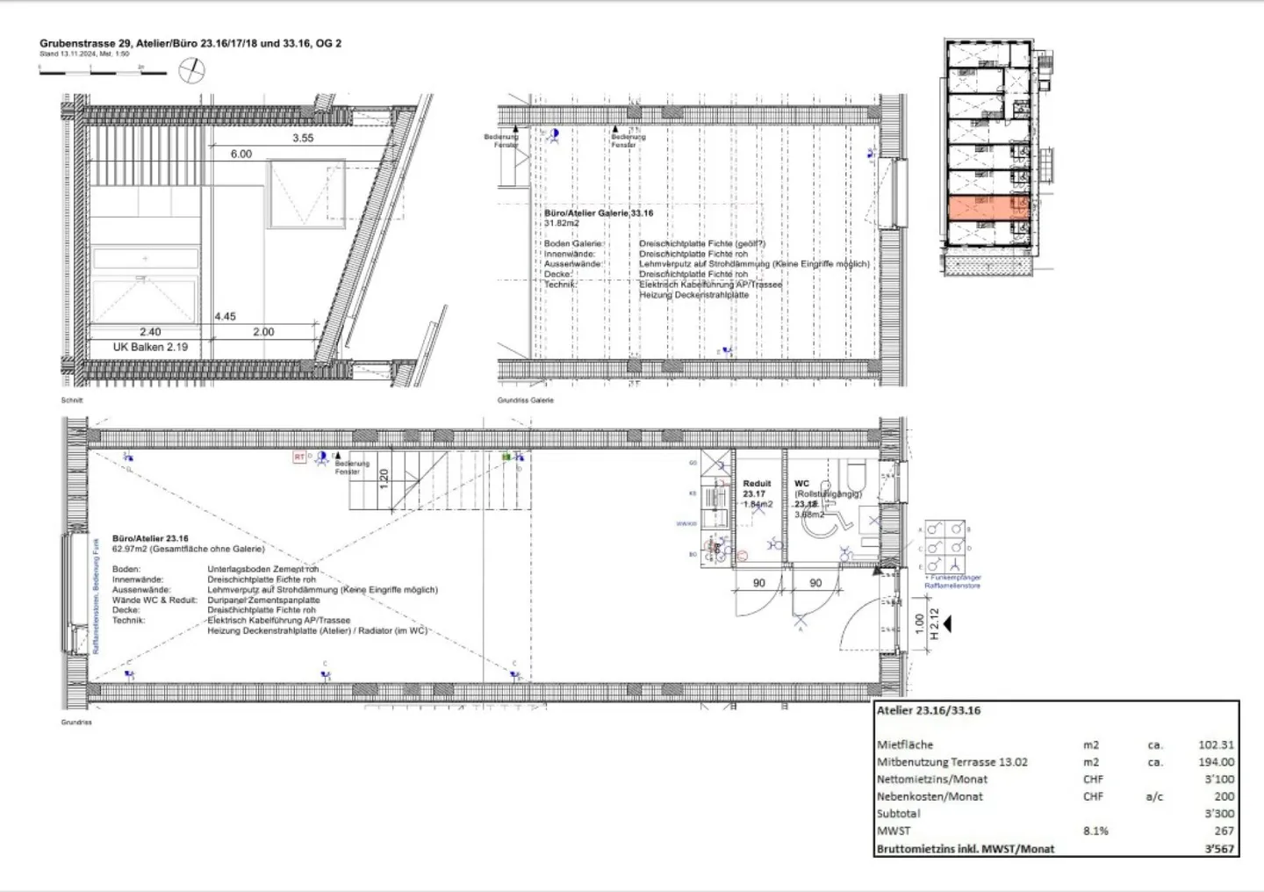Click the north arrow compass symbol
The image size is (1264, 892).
191,70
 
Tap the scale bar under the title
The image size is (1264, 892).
103,72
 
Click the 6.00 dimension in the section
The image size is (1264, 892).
241,154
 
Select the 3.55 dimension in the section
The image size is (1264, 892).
303,138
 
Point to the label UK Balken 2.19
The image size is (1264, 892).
150,347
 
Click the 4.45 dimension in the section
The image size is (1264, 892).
226,316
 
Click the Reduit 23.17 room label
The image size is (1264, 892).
756,489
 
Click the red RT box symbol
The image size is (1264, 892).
299,457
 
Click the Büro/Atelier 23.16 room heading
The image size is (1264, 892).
150,538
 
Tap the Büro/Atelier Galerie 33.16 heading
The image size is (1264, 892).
599,213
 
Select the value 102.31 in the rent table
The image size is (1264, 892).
1216,745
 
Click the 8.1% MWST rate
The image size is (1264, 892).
1095,831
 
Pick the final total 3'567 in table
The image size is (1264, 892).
1218,849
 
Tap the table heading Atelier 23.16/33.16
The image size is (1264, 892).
928,710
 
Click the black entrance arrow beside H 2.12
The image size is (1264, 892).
946,624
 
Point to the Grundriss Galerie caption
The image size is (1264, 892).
525,400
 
